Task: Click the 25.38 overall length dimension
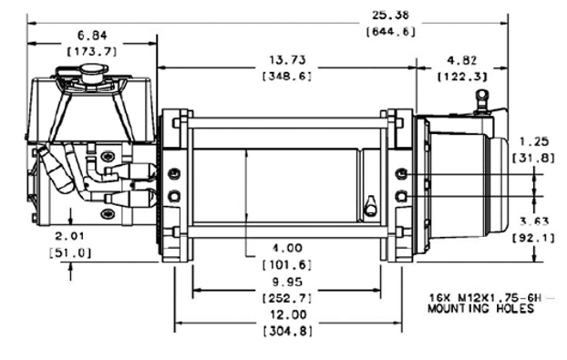point(390,15)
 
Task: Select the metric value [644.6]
point(390,32)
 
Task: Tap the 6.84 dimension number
point(93,36)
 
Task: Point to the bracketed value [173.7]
point(93,52)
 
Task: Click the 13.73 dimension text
point(287,60)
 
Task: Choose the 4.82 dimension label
point(462,60)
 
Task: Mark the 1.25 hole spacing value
point(534,141)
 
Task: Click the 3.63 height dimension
point(534,221)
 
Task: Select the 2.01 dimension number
point(70,236)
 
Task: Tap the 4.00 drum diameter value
point(287,248)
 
